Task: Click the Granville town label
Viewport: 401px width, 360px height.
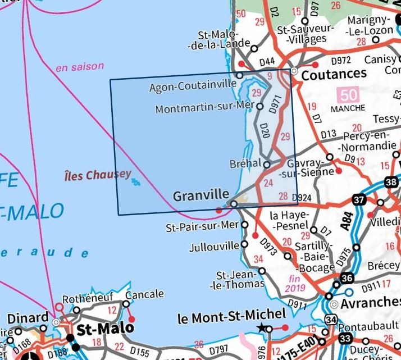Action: [198, 196]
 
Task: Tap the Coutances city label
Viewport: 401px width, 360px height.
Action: [334, 74]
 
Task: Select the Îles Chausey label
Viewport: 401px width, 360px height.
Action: [98, 175]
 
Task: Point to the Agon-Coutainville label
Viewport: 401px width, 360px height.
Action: [191, 88]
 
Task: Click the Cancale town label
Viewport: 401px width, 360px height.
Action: [145, 294]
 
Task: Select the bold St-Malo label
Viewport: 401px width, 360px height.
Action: [106, 327]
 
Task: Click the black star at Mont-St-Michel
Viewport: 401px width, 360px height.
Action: [261, 328]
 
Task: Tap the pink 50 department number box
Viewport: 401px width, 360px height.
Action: [348, 94]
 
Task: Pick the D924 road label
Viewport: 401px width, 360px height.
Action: [302, 197]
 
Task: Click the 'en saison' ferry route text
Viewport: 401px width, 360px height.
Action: [80, 67]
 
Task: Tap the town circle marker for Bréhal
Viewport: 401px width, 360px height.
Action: [267, 165]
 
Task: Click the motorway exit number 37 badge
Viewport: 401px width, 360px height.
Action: [359, 199]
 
